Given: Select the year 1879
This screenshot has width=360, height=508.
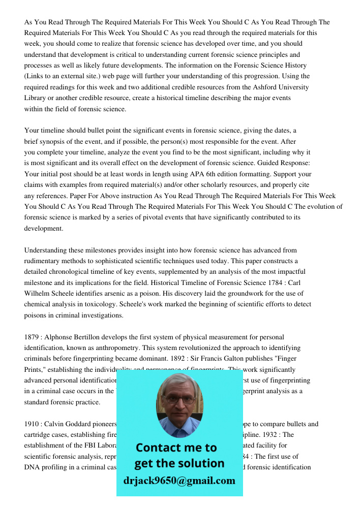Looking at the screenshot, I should tap(33, 337).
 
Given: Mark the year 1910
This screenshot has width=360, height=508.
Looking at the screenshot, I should tap(33, 424).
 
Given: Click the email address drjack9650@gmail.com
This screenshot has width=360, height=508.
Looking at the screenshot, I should tap(179, 481).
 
